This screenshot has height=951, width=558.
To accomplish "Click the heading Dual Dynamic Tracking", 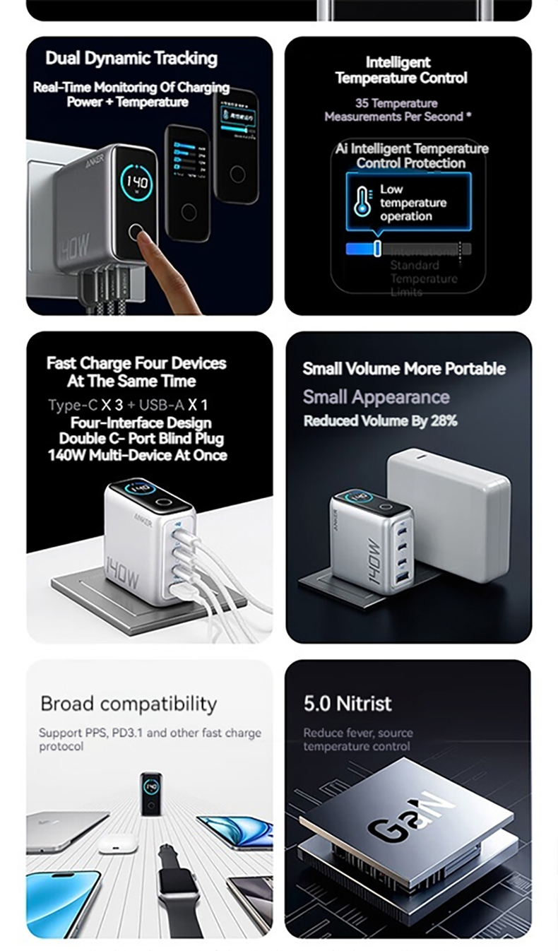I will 131,58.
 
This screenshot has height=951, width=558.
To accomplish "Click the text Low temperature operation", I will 413,203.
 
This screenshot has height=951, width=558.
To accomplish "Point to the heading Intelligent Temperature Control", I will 401,70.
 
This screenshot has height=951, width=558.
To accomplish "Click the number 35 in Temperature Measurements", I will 362,103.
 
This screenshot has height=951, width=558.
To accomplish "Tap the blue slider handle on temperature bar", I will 377,248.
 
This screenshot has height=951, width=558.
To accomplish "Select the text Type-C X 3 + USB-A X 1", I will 128,405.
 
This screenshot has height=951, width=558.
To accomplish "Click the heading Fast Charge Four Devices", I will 136,372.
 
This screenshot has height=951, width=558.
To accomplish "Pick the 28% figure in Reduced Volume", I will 444,421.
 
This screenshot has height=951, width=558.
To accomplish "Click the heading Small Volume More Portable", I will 404,369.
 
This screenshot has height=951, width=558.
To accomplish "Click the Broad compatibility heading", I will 129,704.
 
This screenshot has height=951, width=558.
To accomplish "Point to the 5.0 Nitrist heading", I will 348,703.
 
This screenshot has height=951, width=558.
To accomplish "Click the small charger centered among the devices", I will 150,793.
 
